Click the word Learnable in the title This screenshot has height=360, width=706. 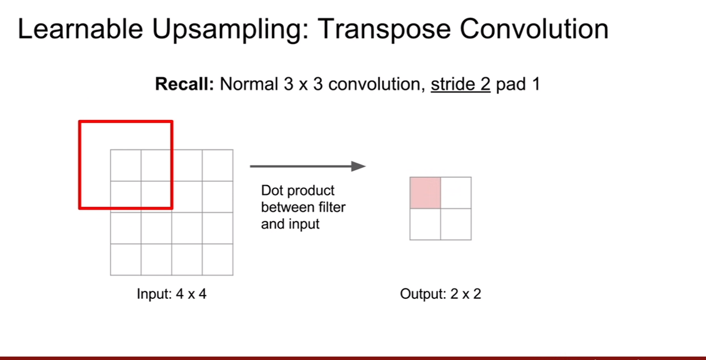click(80, 29)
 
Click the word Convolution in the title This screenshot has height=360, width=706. click(534, 29)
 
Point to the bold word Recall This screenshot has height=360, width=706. click(185, 84)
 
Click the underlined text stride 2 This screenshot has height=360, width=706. click(460, 84)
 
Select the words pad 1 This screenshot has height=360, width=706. click(518, 84)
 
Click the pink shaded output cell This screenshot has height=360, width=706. click(425, 193)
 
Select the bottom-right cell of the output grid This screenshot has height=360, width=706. click(456, 224)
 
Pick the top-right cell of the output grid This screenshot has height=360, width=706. click(456, 193)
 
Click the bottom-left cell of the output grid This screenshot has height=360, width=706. click(425, 224)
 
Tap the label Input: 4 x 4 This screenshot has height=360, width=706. click(172, 294)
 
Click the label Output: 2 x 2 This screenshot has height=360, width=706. click(441, 294)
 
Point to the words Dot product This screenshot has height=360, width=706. click(298, 191)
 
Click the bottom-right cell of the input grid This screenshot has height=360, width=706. click(218, 260)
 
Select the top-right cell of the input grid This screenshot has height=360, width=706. click(218, 166)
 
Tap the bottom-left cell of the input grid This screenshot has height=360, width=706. click(126, 260)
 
